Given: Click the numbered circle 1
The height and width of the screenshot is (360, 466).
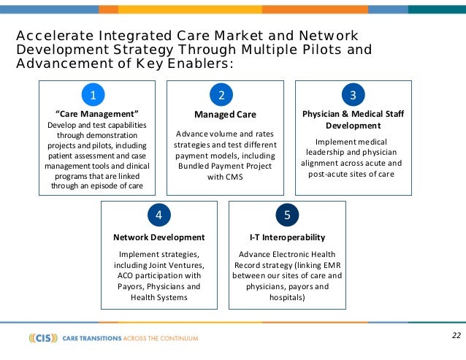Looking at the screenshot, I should (x=93, y=95).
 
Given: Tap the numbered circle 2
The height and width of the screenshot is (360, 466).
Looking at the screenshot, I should (x=221, y=95).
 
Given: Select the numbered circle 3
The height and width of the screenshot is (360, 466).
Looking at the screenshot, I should (x=353, y=95).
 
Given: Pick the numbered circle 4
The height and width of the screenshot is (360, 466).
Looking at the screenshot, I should (x=158, y=215).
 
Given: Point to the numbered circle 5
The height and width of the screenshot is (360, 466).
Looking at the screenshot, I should (x=287, y=215).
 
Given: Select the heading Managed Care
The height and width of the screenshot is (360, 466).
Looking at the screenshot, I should (x=225, y=115).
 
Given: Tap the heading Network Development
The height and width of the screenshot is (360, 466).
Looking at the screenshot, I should (x=158, y=237).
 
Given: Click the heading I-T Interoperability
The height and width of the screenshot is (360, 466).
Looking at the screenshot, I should (x=287, y=237).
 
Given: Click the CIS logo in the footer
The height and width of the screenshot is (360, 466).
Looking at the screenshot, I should (x=43, y=338).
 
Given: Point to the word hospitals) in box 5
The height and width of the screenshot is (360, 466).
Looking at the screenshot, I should (x=287, y=298).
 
